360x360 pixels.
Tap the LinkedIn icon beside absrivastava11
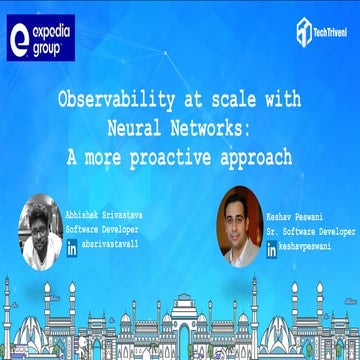[72, 244]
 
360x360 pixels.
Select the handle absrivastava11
[111, 244]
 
